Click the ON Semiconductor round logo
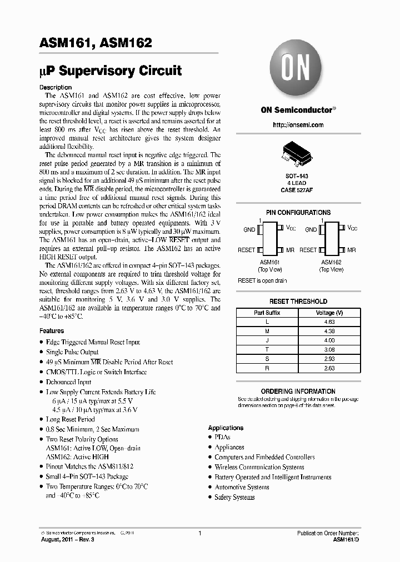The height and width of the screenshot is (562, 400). tap(297, 71)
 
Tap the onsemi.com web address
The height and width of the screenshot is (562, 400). tap(298, 126)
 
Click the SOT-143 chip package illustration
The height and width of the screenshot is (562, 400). tap(298, 153)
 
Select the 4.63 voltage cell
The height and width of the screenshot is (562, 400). tap(329, 322)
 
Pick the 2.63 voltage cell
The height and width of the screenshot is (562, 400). tap(329, 368)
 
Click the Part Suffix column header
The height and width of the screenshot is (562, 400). tap(267, 313)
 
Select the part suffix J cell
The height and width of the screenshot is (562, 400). tap(267, 340)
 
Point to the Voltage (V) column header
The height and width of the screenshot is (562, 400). tap(329, 313)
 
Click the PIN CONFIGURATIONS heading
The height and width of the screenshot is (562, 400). tap(298, 213)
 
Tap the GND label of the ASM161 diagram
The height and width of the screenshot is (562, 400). tap(249, 229)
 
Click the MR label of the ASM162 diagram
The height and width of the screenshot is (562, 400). tap(351, 250)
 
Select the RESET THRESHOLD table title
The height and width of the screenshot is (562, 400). tap(298, 302)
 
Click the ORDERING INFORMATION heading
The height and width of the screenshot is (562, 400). tap(298, 392)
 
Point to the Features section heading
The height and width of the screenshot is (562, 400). tap(52, 331)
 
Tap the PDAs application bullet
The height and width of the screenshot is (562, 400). tap(222, 437)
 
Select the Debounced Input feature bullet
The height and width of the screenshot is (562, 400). tap(69, 382)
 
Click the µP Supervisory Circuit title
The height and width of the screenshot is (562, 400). tap(111, 71)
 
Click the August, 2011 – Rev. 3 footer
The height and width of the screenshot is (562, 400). tap(67, 539)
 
